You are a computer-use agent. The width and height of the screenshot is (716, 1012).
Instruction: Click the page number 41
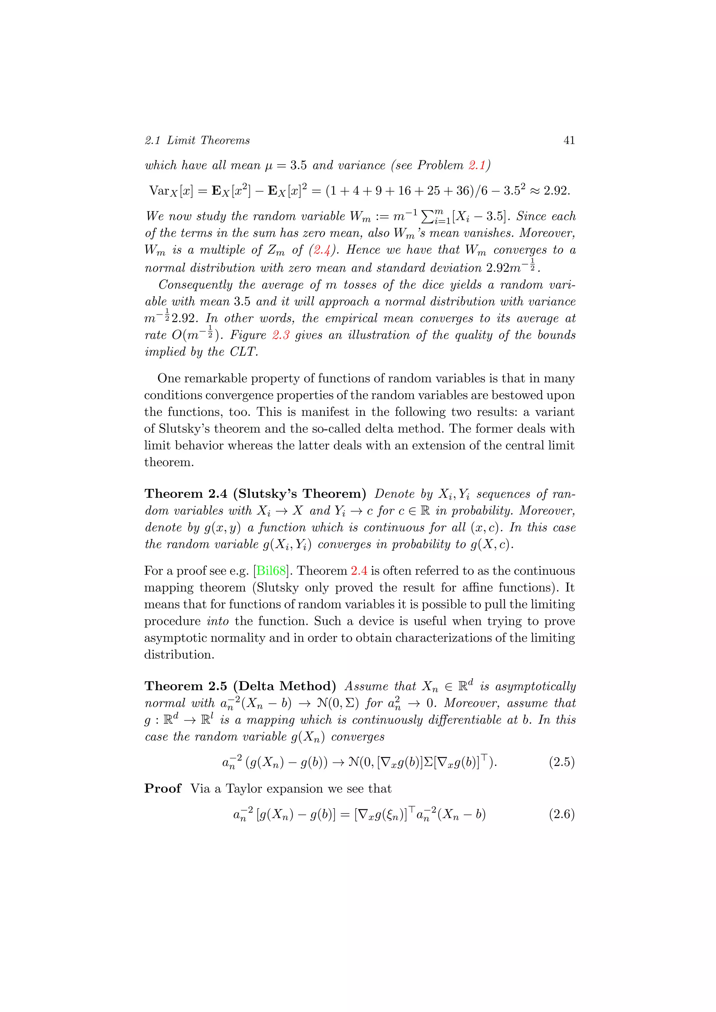tap(569, 140)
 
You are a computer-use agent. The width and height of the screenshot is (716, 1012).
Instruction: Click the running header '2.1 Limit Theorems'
tap(197, 140)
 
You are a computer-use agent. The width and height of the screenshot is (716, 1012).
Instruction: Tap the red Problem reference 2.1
tap(477, 165)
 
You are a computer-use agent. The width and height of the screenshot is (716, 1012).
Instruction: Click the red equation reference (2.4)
tap(322, 250)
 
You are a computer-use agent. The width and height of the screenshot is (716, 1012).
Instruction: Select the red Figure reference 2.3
tap(280, 335)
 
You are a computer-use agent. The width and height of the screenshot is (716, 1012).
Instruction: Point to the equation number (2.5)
tap(561, 762)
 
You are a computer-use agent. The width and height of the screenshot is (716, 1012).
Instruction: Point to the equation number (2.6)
tap(561, 814)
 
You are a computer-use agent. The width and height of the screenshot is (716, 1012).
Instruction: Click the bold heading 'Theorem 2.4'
tap(186, 494)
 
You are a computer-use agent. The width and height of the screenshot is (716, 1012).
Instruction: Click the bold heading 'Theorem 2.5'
tap(186, 686)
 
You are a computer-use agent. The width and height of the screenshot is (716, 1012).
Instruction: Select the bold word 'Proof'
tap(163, 789)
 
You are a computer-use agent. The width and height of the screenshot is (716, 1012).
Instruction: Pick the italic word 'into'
tap(218, 621)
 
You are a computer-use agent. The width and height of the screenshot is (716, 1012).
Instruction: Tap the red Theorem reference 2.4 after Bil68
tap(359, 571)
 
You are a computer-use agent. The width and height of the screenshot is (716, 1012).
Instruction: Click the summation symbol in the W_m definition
tap(428, 216)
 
